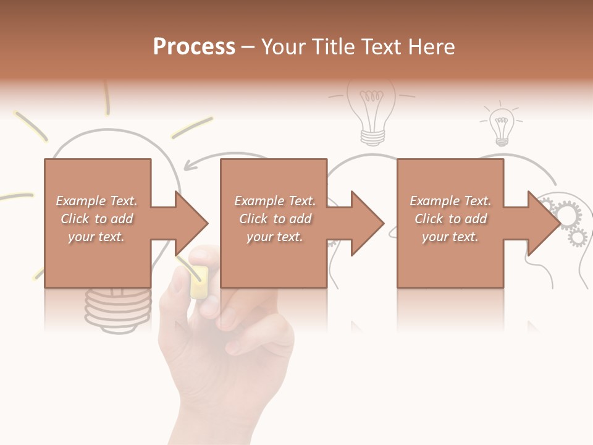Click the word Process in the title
(x=194, y=46)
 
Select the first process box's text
(x=97, y=219)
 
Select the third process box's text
(x=450, y=219)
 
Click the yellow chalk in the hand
(x=199, y=282)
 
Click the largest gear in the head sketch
(x=569, y=214)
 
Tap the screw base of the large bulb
(x=117, y=306)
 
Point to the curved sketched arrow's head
(x=191, y=165)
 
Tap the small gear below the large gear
(x=578, y=235)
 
